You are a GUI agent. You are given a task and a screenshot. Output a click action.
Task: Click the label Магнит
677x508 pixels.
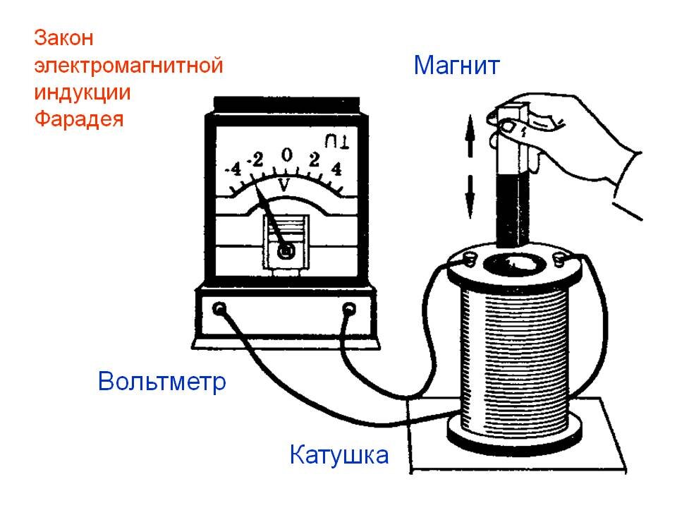456,66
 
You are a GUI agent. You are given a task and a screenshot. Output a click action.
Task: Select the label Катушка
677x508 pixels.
338,454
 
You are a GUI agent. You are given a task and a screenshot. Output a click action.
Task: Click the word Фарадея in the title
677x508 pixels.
79,119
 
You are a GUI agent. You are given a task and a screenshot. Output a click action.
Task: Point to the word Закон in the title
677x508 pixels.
64,37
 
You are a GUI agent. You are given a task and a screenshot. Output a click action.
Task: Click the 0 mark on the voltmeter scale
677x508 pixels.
286,155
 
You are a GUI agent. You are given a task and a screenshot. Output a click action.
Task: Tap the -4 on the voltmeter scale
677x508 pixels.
233,170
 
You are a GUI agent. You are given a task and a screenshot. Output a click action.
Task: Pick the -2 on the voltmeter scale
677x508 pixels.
255,160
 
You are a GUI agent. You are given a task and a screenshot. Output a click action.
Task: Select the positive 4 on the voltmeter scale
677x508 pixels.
336,169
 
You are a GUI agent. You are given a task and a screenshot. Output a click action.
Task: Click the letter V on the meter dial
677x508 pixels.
285,185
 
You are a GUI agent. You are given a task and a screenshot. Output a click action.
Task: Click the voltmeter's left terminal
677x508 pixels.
220,308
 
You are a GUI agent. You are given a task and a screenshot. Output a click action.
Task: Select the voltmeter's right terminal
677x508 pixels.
348,308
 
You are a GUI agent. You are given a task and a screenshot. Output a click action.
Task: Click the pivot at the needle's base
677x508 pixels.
286,250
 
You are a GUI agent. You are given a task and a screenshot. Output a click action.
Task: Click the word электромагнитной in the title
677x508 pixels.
128,66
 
